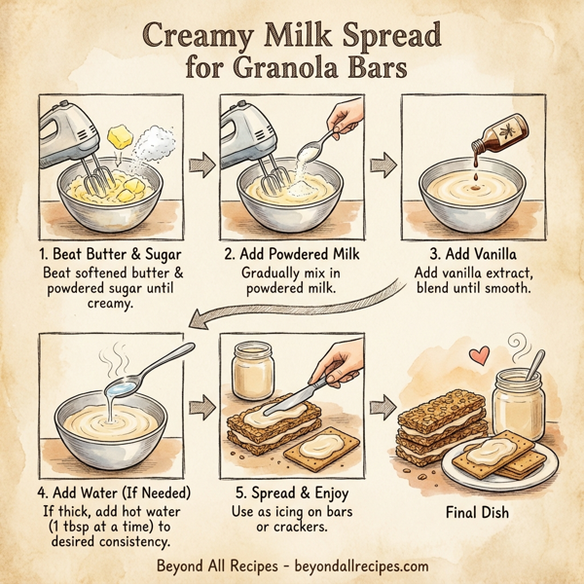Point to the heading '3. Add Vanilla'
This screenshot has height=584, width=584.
click(x=478, y=255)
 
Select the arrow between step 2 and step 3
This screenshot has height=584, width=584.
click(x=385, y=162)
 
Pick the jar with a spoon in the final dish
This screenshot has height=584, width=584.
click(x=517, y=404)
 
